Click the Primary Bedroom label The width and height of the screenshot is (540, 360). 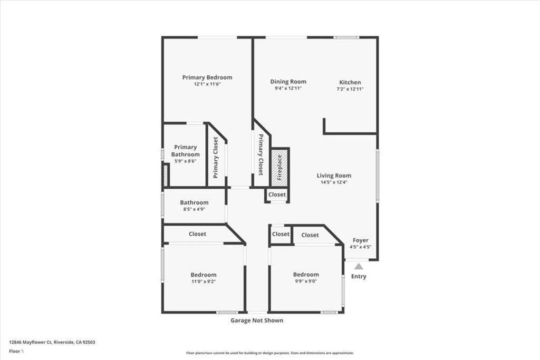pos(207,77)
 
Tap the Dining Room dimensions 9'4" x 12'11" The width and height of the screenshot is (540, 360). pos(288,89)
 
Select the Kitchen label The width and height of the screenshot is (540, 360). pos(350,82)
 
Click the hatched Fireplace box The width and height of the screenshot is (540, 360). pos(280,167)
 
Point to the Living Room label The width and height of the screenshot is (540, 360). pos(334,176)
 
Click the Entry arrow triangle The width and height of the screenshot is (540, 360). pos(359,267)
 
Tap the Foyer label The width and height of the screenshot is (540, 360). pos(361,240)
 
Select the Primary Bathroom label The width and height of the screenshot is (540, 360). pos(186,151)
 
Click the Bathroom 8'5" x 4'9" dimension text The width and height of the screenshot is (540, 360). pos(194,209)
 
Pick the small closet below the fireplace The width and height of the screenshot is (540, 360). pos(277,195)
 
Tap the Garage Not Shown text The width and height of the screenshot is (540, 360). pos(257,320)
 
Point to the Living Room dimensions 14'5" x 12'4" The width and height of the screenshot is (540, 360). pos(334,182)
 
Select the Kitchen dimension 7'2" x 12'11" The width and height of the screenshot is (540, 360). pos(350,89)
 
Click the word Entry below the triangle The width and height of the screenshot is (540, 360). pos(359,276)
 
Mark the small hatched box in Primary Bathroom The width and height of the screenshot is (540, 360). pos(166,175)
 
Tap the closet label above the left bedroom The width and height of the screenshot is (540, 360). pos(198,234)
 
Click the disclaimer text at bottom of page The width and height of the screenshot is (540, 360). pos(269,353)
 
